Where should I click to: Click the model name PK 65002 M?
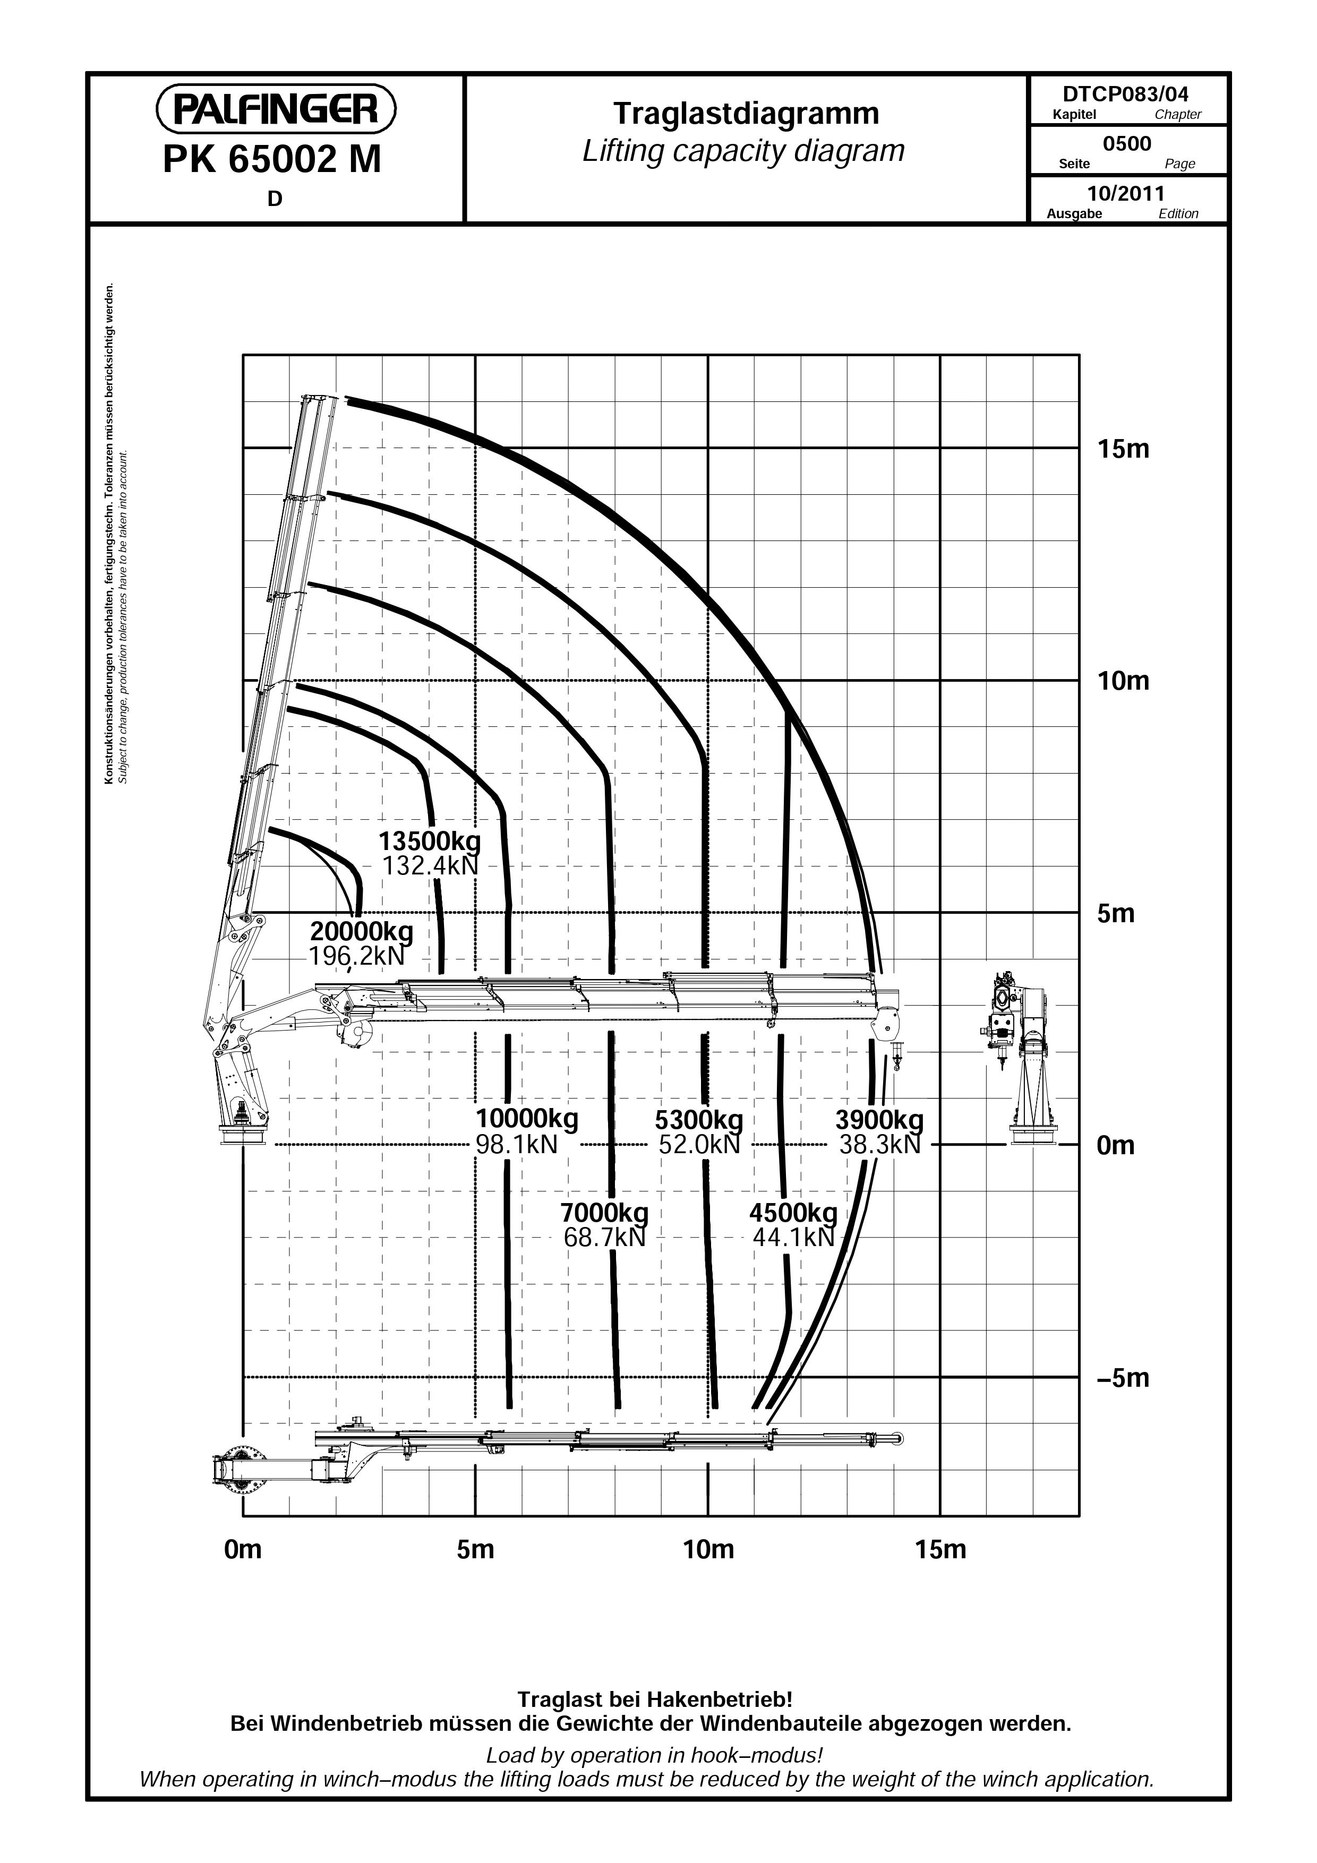click(x=272, y=159)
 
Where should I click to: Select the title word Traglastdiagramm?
click(x=746, y=114)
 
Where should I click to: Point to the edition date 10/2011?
click(x=1125, y=193)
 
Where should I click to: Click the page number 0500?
click(x=1126, y=144)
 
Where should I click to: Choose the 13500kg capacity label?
click(x=430, y=840)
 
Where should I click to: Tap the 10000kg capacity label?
click(x=527, y=1120)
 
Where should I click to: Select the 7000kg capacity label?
click(x=604, y=1213)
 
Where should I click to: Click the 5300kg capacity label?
click(x=699, y=1120)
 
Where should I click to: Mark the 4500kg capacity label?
click(x=793, y=1213)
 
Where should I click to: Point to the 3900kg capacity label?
click(x=879, y=1120)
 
